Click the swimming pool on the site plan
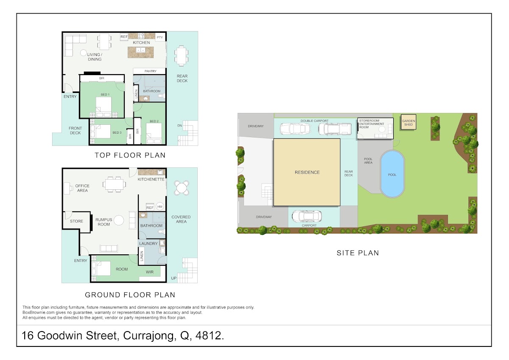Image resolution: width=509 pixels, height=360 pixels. [x=392, y=174]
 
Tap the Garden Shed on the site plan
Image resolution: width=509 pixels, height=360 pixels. [x=408, y=122]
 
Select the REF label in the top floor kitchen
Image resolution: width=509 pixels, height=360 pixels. [x=124, y=37]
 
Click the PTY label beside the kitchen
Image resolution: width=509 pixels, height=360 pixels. [x=160, y=37]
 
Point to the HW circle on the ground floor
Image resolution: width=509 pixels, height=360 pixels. [x=160, y=206]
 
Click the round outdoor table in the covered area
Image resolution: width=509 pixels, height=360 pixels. [x=182, y=188]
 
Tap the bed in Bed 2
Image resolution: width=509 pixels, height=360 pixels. [x=154, y=133]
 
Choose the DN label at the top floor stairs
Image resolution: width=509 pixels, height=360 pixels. [x=179, y=126]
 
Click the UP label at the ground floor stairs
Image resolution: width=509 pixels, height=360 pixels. [x=174, y=278]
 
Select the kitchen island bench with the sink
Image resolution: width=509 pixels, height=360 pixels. [x=140, y=52]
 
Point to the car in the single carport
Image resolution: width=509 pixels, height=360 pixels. [x=307, y=216]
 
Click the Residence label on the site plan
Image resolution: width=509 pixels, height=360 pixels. [x=307, y=172]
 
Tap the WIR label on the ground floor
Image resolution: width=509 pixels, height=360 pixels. [x=149, y=272]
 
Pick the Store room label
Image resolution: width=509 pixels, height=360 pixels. [x=76, y=221]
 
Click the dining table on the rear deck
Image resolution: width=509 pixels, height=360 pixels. [x=182, y=56]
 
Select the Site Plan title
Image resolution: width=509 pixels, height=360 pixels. [x=358, y=253]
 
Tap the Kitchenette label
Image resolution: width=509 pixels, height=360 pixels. [x=151, y=180]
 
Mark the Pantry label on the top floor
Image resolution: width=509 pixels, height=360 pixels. [x=151, y=71]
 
